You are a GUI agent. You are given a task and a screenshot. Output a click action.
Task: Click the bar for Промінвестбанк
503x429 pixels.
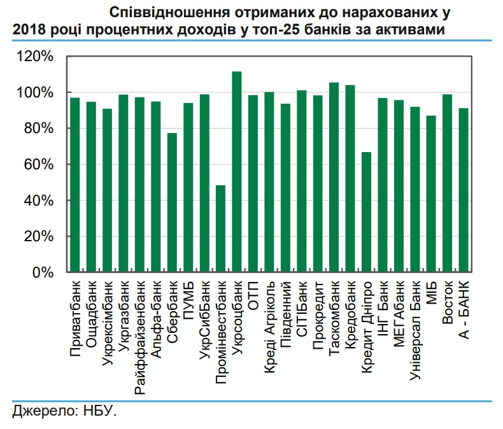pyautogui.click(x=221, y=229)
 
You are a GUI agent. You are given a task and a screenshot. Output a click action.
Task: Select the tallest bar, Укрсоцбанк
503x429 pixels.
pyautogui.click(x=237, y=172)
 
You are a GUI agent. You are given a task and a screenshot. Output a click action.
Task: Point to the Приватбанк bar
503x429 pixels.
pyautogui.click(x=74, y=185)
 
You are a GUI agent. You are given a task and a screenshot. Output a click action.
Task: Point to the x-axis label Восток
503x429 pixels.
pyautogui.click(x=448, y=299)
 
